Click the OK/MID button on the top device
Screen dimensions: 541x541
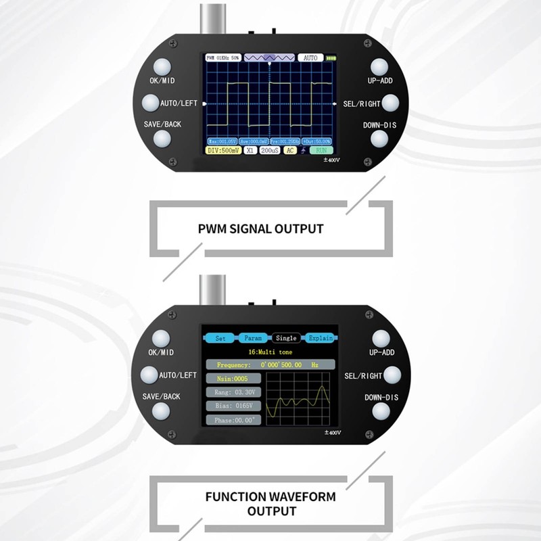point(162,67)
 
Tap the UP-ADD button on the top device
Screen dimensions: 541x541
point(379,66)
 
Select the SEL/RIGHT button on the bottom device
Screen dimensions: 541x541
point(392,375)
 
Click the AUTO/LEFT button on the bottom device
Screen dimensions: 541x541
point(149,375)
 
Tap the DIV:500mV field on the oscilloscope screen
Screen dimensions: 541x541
point(222,150)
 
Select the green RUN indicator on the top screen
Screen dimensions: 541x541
point(321,150)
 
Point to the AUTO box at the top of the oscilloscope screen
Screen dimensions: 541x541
point(310,58)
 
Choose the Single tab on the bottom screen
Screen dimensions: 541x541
point(286,338)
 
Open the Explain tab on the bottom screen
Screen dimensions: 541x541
point(320,338)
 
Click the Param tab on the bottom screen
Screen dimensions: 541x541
point(253,338)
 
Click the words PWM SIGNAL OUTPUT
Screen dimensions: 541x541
point(260,229)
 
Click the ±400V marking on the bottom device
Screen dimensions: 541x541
point(332,432)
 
